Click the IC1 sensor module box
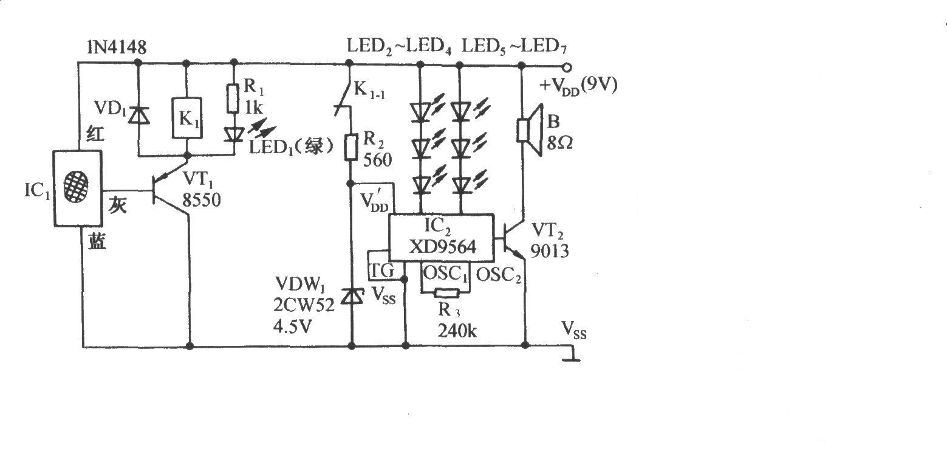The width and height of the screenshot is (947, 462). click(77, 188)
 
